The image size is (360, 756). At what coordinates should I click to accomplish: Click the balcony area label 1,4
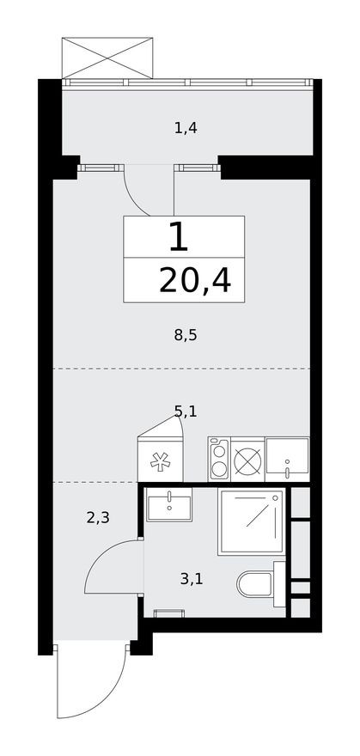tap(186, 129)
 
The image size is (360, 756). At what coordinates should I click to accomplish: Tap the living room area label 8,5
tap(186, 336)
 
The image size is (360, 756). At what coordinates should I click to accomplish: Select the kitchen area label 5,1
tap(186, 412)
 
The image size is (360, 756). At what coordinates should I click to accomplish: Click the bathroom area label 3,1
tap(192, 579)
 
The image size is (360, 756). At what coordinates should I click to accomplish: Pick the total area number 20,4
tap(195, 280)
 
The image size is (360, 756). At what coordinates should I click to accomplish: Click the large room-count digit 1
tap(178, 237)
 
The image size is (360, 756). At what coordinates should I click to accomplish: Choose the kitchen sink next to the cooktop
tap(286, 458)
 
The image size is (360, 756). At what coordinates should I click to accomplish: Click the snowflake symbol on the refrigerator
tap(161, 462)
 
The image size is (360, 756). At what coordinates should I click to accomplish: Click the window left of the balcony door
tap(101, 168)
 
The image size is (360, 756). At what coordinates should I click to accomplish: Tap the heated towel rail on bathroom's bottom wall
tap(168, 613)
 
